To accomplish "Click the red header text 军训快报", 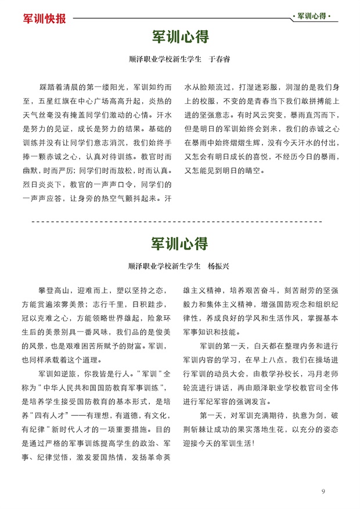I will tap(44, 18).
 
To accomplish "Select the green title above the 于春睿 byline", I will tap(180, 37).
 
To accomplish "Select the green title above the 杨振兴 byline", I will tap(180, 243).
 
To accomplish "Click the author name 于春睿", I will tap(219, 59).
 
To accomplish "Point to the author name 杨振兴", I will tap(219, 266).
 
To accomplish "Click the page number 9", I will tap(323, 492).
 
